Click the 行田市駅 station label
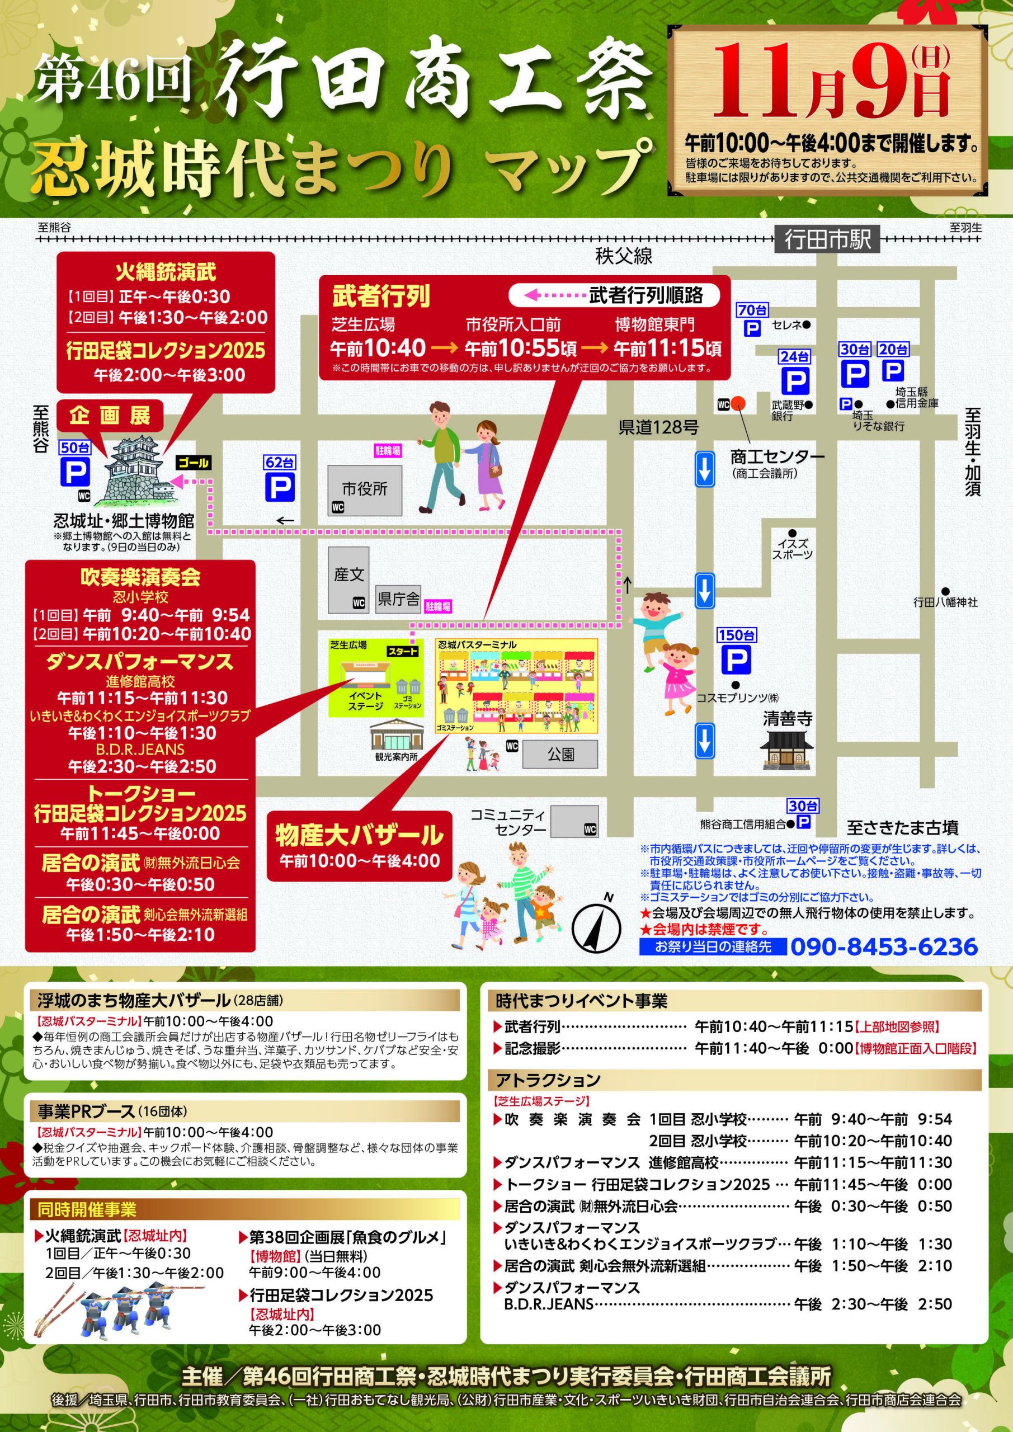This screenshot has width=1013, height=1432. click(827, 239)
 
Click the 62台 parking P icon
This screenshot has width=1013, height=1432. click(280, 487)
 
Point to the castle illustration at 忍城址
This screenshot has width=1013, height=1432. click(139, 475)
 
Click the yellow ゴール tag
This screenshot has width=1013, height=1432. click(194, 462)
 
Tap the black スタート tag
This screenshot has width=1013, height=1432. click(402, 651)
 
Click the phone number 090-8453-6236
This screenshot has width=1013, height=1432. click(884, 947)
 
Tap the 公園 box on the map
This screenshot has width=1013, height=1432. click(560, 754)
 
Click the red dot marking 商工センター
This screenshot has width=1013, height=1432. click(738, 402)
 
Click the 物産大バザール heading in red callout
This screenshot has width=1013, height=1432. click(359, 835)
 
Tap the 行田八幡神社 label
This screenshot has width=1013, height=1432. click(946, 602)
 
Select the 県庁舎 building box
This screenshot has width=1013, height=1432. click(399, 599)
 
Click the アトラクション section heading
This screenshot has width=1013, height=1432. click(548, 1080)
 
